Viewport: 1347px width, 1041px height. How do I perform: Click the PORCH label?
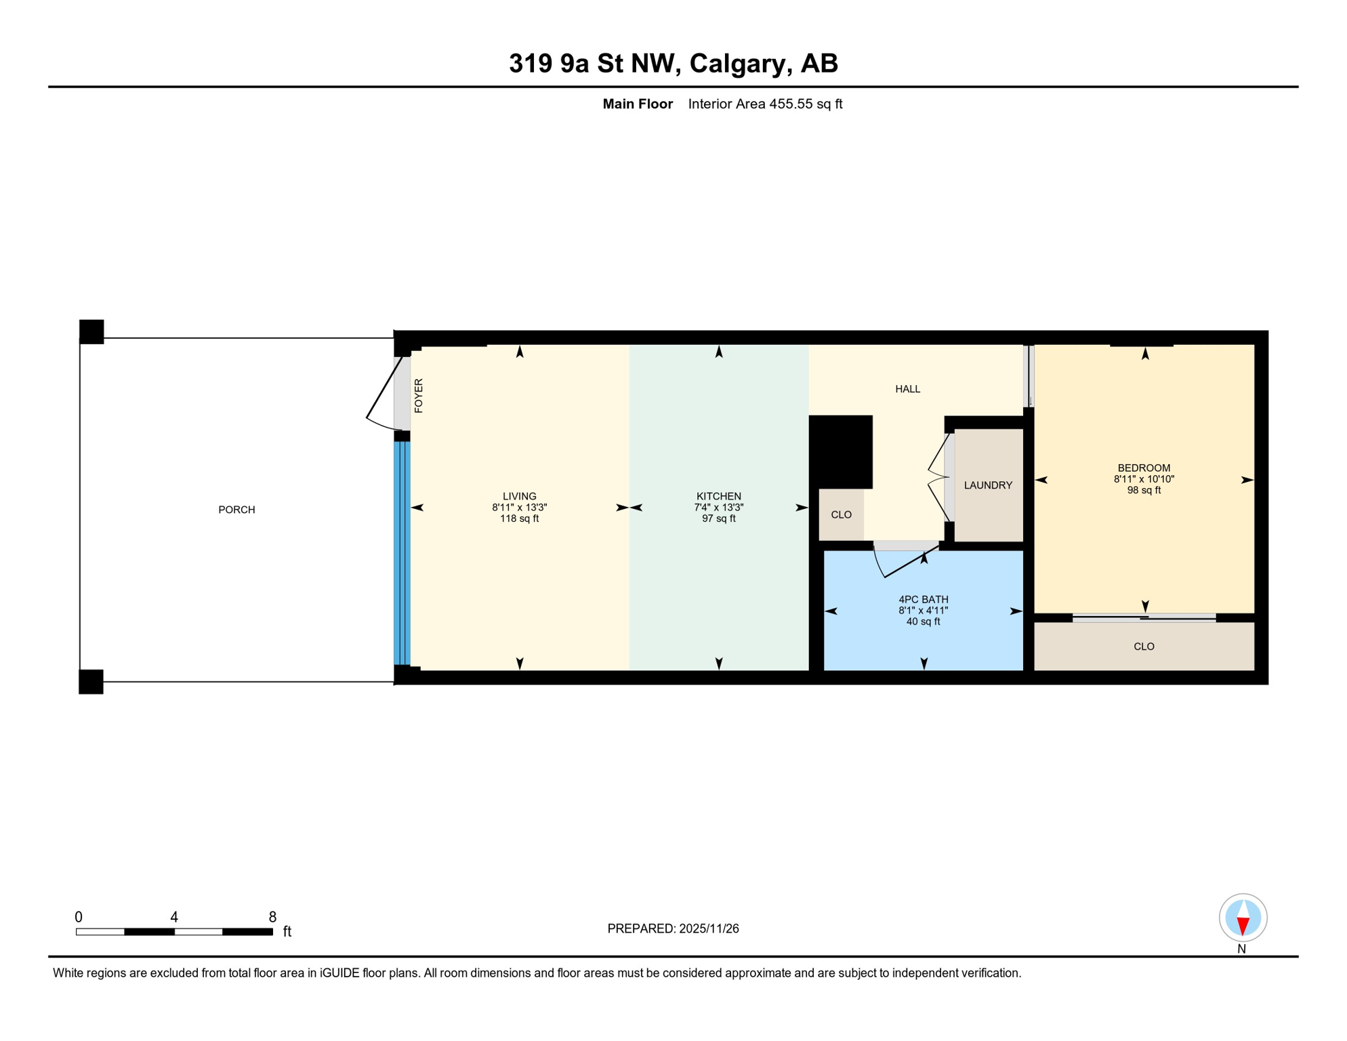pos(236,510)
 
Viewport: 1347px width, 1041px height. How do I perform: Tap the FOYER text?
pos(419,396)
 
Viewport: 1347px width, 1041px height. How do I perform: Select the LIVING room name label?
pos(519,496)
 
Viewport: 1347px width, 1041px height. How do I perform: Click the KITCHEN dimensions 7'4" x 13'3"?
pos(718,508)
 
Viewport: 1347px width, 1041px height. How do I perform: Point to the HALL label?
pos(907,389)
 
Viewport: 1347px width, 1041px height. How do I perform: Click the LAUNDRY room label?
pos(987,485)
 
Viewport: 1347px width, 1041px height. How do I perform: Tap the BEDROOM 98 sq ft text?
pos(1143,490)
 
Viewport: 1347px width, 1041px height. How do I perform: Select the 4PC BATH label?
pos(923,599)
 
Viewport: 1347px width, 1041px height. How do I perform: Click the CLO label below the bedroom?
pos(1143,647)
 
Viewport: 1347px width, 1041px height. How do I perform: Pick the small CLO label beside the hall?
pos(841,515)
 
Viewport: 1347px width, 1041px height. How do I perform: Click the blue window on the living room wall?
pos(402,552)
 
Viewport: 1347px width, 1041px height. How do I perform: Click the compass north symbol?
pos(1243,918)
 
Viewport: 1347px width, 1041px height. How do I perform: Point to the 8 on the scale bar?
pos(272,917)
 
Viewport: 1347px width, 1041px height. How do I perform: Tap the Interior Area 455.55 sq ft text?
pos(764,104)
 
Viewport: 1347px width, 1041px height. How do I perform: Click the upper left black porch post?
pos(91,331)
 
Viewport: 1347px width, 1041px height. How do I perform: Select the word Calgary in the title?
pos(739,63)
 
